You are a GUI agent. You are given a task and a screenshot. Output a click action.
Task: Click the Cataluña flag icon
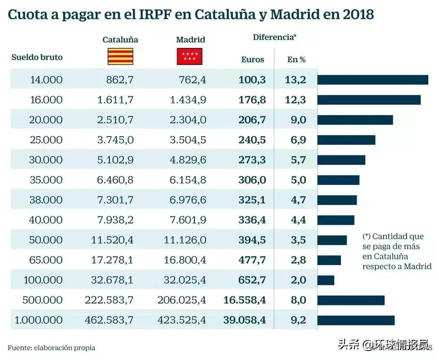click(120, 57)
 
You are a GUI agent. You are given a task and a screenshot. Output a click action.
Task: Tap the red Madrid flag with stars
click(190, 57)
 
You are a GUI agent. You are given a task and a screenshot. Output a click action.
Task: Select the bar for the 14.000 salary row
click(373, 80)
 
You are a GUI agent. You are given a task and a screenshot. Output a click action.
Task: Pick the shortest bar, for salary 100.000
click(326, 280)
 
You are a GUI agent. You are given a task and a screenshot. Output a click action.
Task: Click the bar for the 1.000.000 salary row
click(356, 320)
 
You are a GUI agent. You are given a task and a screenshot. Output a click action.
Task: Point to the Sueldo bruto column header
click(37, 57)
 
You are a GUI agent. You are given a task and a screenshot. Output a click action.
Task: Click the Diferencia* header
click(275, 37)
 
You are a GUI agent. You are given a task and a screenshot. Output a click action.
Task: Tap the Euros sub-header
click(253, 60)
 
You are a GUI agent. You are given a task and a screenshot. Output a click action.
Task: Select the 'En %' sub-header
click(296, 60)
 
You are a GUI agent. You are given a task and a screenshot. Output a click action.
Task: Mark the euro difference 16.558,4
click(245, 300)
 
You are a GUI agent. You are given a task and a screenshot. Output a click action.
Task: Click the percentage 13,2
click(295, 80)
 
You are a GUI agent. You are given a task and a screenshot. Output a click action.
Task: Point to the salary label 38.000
click(46, 200)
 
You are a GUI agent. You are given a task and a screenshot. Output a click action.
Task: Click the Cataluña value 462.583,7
click(109, 320)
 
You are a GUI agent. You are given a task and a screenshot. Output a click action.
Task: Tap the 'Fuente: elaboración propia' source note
click(52, 347)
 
